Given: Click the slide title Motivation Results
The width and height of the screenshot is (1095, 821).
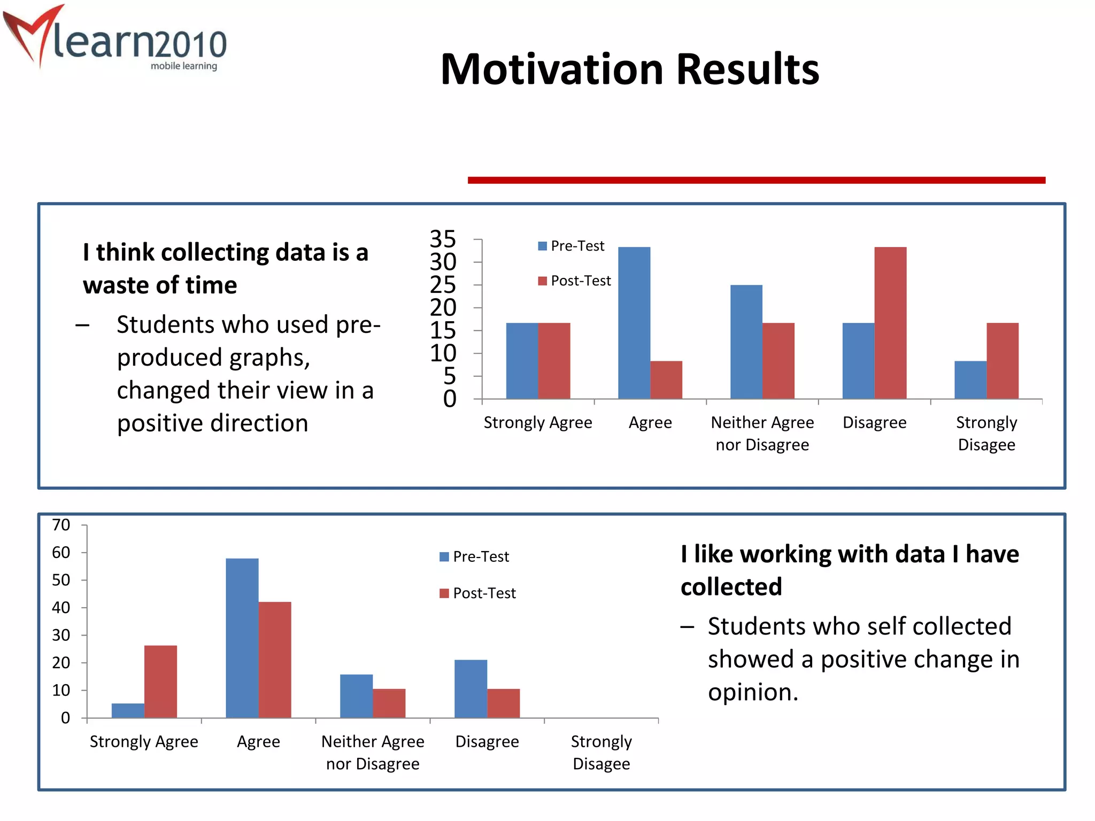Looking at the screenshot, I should tap(629, 69).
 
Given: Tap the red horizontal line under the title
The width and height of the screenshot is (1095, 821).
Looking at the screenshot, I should tap(756, 180).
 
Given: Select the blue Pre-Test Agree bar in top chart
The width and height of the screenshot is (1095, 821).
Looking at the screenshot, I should tap(634, 323).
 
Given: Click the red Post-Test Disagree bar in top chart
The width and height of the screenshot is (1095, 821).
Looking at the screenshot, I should tap(890, 323).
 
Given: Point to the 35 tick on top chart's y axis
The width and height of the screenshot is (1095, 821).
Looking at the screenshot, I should tap(443, 239).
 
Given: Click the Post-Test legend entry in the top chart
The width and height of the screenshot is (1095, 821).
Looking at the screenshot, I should tap(575, 281).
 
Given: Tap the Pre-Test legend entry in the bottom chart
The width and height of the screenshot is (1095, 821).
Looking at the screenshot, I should tap(474, 556).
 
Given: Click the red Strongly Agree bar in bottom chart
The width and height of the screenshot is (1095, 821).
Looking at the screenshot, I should tap(160, 681).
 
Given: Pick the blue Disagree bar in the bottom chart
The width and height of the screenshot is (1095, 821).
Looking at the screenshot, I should tap(471, 688).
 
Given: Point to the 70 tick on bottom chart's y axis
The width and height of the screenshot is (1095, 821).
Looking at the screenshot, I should tap(61, 525).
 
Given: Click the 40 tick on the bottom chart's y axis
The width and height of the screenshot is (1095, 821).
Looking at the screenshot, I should tap(61, 607).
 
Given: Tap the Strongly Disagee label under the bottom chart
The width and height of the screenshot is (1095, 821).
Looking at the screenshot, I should tap(601, 752).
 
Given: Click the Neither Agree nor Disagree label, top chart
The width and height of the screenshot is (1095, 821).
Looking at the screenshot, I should tap(762, 433).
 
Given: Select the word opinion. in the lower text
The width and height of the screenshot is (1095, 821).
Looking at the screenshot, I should tap(753, 693).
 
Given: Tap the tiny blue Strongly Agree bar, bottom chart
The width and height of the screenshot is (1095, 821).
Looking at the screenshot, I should tap(128, 710).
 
